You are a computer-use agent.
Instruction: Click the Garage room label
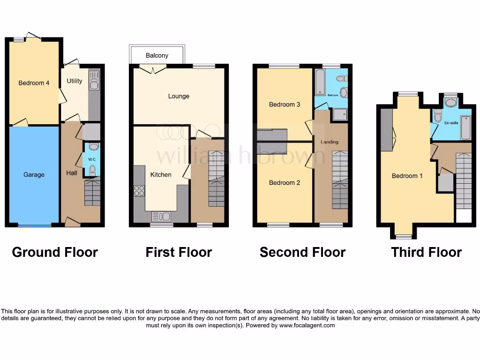34,175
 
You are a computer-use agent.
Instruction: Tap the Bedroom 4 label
34,83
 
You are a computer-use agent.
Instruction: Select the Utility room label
74,81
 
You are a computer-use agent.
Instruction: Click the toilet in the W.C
92,169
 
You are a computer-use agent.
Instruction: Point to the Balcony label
157,55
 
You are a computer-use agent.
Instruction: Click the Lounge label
179,96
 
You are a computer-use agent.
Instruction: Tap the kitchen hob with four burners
139,190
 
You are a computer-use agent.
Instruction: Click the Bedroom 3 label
285,105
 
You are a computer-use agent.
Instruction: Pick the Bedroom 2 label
285,183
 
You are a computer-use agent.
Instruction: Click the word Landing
330,142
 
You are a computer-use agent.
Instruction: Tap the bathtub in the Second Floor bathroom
320,82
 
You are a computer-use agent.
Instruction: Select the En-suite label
451,123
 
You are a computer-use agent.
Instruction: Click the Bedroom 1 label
407,176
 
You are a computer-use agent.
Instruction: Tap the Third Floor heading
426,252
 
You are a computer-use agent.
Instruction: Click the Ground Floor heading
55,252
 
